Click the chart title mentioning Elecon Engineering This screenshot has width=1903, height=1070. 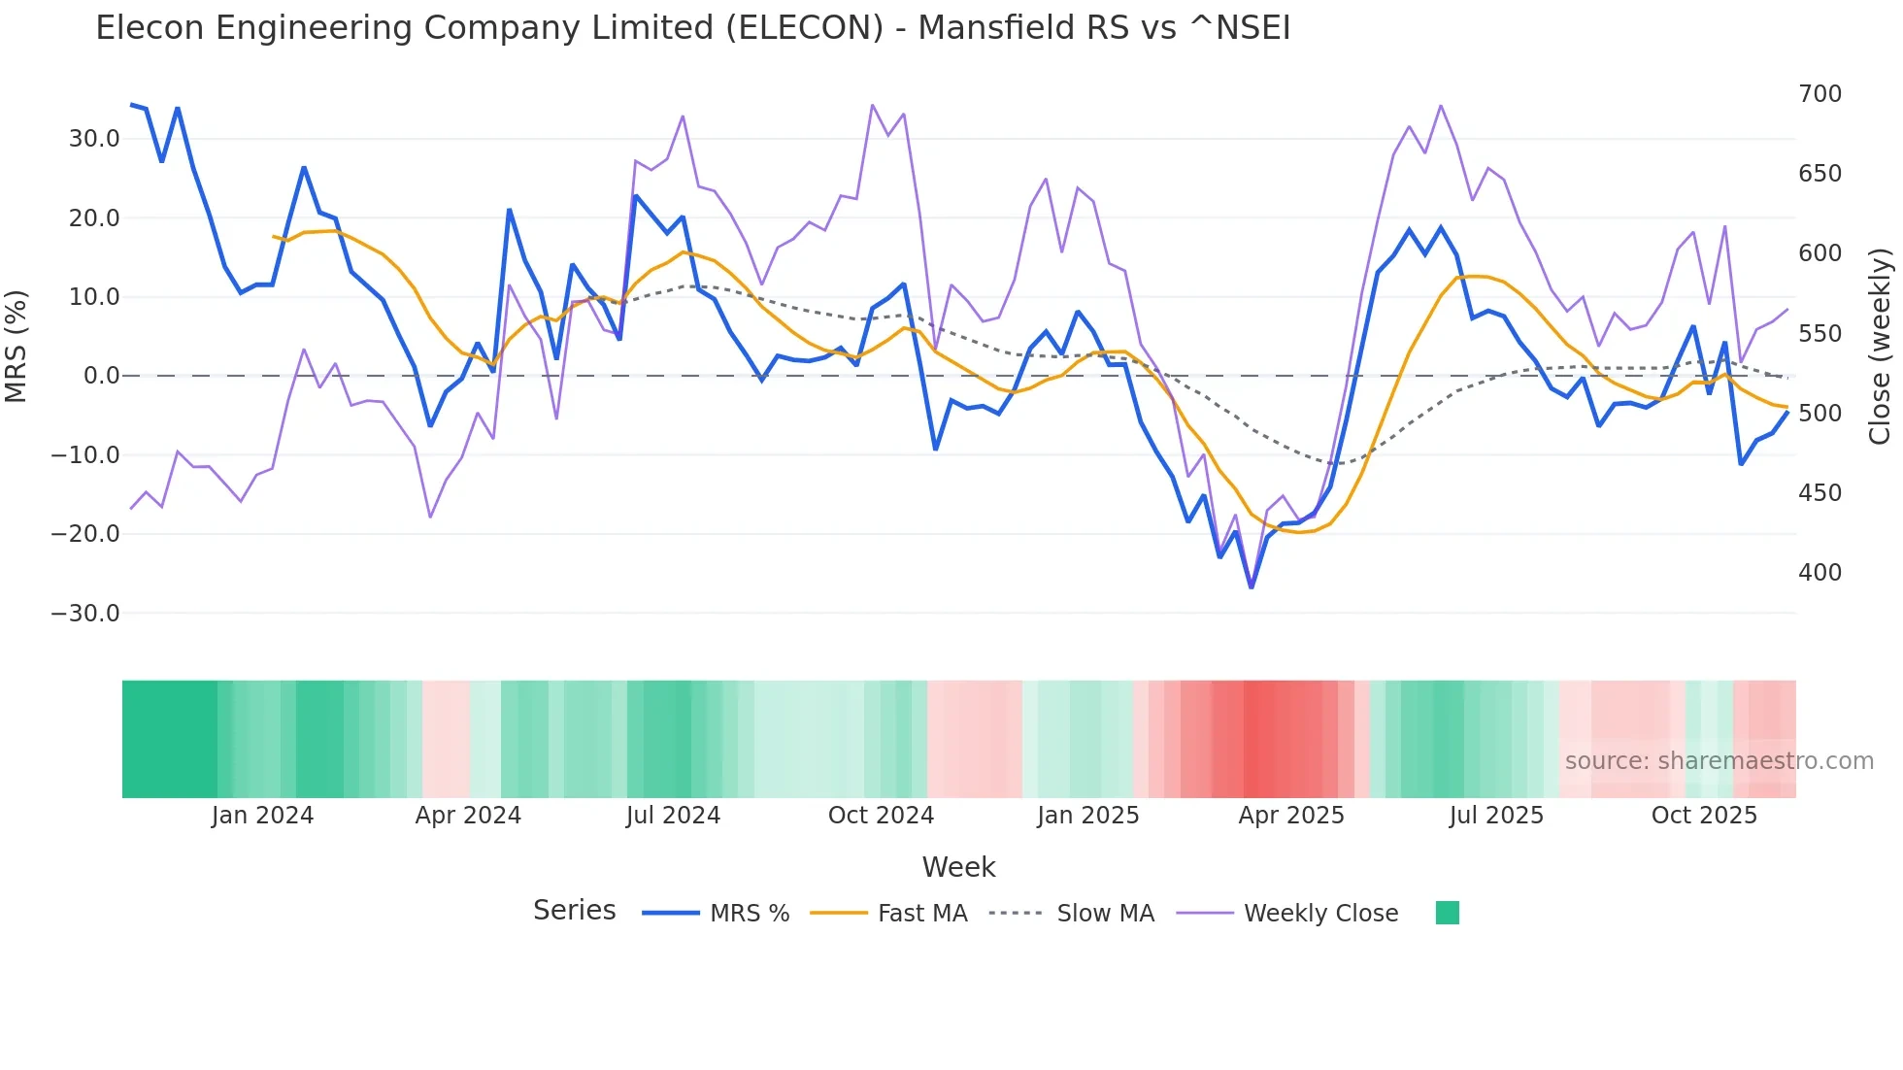pos(692,28)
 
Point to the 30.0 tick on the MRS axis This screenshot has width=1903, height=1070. pos(93,139)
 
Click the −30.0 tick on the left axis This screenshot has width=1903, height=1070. pos(85,614)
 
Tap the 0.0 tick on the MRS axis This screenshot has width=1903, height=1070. pos(101,376)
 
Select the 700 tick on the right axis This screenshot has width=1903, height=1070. pos(1820,94)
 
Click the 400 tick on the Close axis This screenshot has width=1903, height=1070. pos(1820,573)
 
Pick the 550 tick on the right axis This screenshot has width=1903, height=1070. pos(1820,334)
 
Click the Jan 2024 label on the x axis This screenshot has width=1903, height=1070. pos(262,816)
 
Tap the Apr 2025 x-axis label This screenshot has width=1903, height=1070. pos(1290,816)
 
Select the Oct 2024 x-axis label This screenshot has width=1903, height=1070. pos(881,816)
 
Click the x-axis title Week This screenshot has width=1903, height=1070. pos(958,867)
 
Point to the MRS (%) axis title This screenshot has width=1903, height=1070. pos(17,347)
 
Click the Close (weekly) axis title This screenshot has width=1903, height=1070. pos(1880,347)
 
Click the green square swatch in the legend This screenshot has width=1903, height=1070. pos(1447,913)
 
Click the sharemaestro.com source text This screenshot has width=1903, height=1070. pos(1719,761)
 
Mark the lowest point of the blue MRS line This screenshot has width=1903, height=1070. pos(1252,587)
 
